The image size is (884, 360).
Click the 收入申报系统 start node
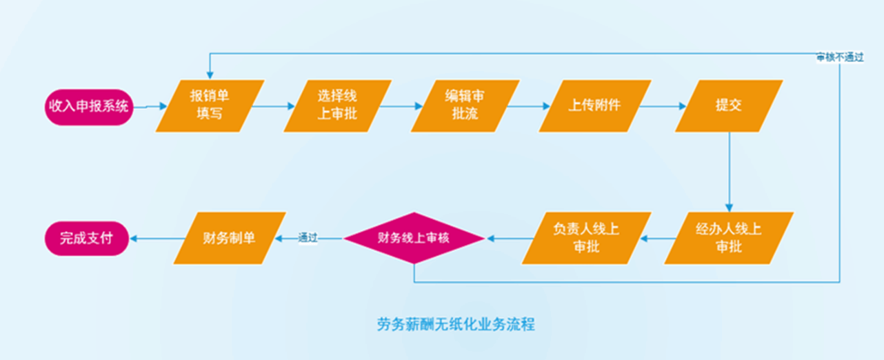click(88, 106)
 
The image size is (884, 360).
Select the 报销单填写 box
click(210, 106)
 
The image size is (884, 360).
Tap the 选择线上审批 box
click(337, 106)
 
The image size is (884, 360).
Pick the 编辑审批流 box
click(463, 106)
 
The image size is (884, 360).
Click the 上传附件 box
click(594, 106)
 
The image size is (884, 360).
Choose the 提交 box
click(729, 106)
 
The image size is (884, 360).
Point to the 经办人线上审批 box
click(729, 238)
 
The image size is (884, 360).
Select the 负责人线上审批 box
click(586, 238)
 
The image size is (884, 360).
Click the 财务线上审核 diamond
click(414, 238)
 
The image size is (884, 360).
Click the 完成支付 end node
click(87, 238)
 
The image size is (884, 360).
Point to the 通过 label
click(308, 238)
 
